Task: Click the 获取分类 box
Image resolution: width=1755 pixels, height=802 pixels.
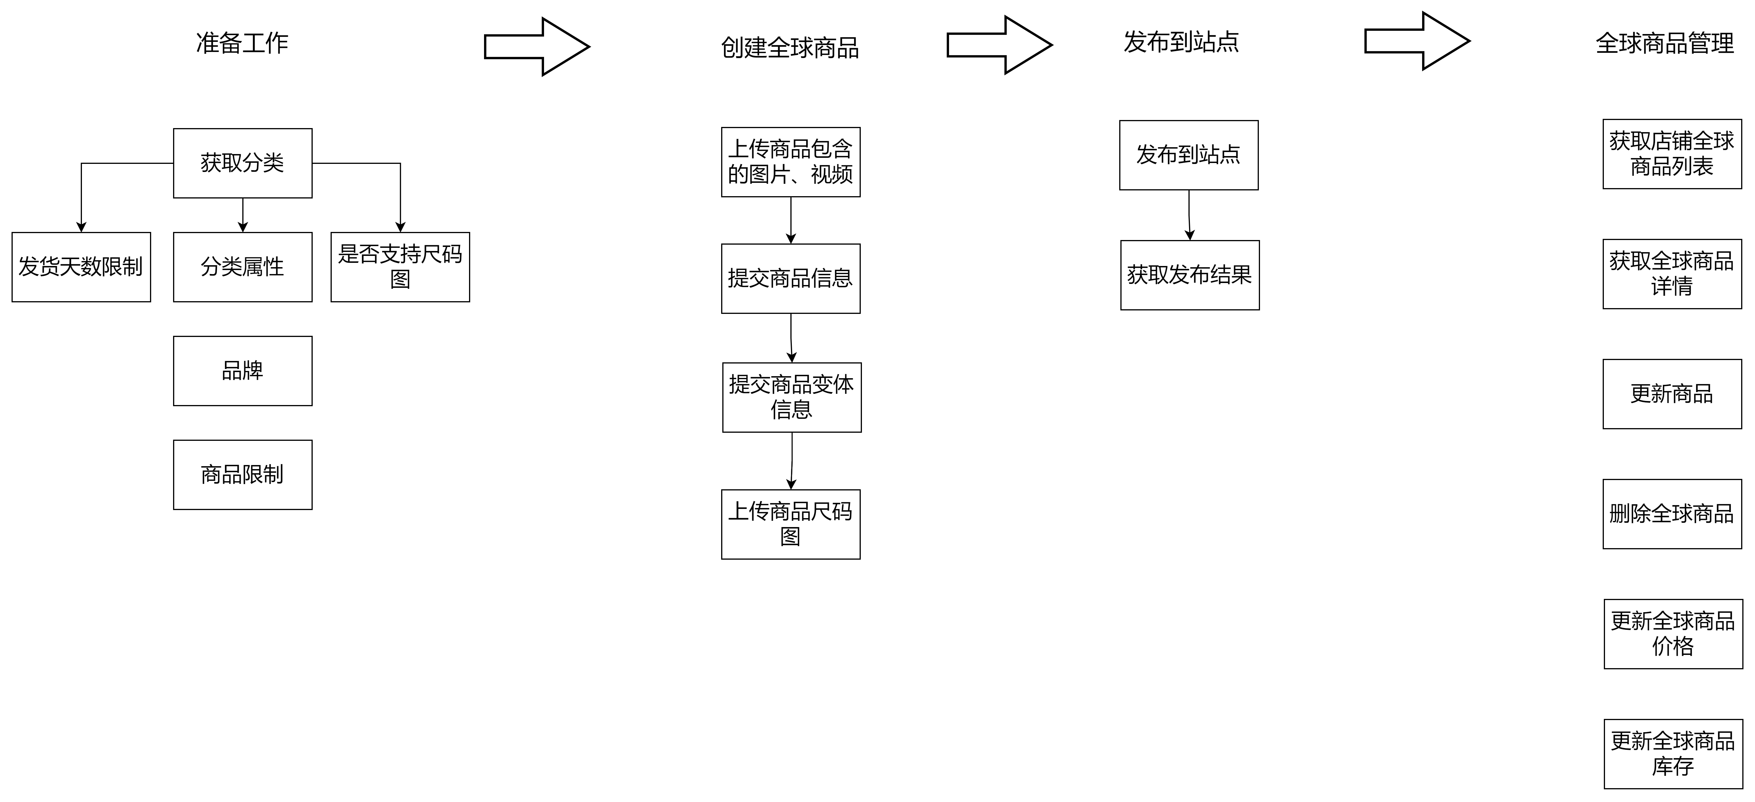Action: click(x=243, y=163)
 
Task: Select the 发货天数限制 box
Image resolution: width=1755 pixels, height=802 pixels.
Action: click(x=81, y=267)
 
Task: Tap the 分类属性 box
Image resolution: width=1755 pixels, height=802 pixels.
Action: click(x=243, y=267)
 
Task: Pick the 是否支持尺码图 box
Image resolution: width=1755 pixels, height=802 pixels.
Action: click(x=400, y=267)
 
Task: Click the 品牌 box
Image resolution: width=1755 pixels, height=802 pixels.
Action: click(x=243, y=371)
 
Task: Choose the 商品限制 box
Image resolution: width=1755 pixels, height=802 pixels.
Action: click(x=243, y=474)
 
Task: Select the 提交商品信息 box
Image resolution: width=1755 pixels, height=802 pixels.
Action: click(x=790, y=278)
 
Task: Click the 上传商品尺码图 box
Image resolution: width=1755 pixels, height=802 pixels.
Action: click(x=790, y=524)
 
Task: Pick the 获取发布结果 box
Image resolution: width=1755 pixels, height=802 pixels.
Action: click(x=1190, y=275)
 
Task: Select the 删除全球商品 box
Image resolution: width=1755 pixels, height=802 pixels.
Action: click(x=1672, y=514)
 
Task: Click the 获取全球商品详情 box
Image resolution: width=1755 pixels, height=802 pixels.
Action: click(x=1672, y=274)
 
